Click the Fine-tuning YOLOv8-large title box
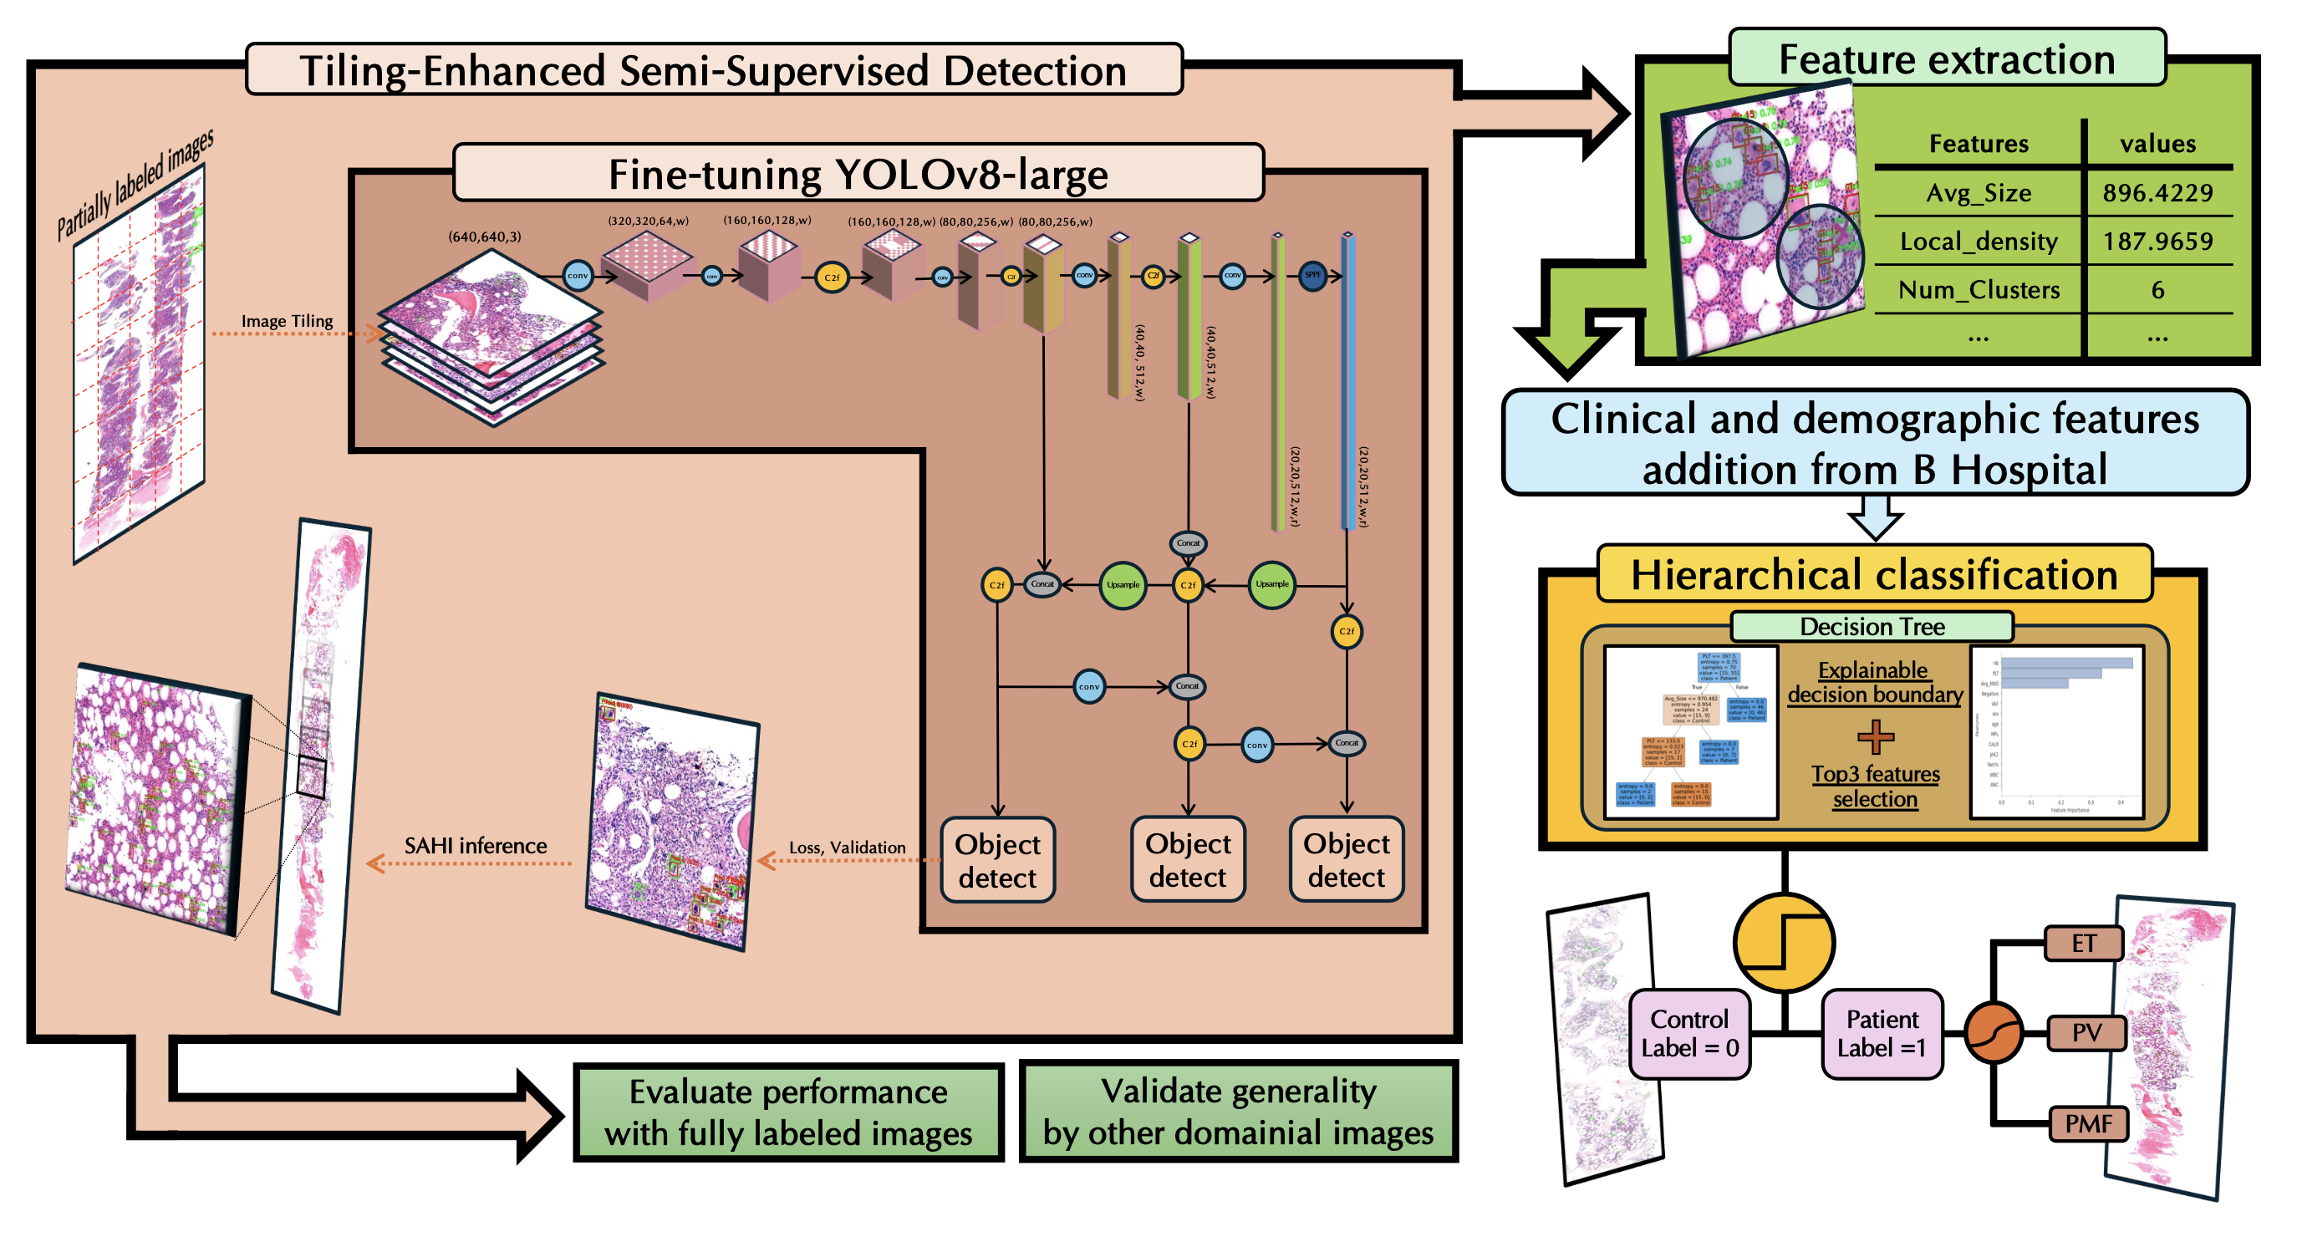coord(858,174)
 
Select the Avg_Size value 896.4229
coord(2157,192)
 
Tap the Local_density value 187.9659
coord(2157,241)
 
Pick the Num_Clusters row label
coord(1979,290)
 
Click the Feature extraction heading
coord(1947,59)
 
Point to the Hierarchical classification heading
coord(1874,574)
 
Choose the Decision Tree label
coord(1872,627)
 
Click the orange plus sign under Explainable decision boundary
coord(1875,736)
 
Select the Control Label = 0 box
coord(1690,1033)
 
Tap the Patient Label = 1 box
coord(1882,1033)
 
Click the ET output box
coord(2083,943)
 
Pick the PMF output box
coord(2087,1123)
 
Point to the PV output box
coord(2086,1033)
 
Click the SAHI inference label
coord(476,846)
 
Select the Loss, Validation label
coord(846,847)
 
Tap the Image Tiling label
coord(288,321)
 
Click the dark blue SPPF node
coord(1312,276)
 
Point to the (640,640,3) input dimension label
coord(484,237)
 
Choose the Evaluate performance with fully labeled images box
coord(788,1112)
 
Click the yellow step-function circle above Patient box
coord(1784,942)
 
